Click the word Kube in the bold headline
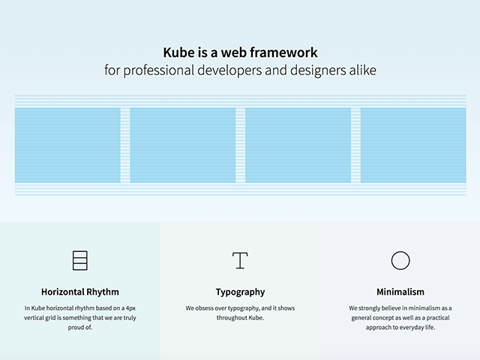pyautogui.click(x=177, y=52)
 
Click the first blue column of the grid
pyautogui.click(x=67, y=145)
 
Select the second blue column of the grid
pyautogui.click(x=183, y=145)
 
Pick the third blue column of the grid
pyautogui.click(x=298, y=145)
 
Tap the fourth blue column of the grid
pyautogui.click(x=413, y=145)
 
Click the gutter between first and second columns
pyautogui.click(x=125, y=145)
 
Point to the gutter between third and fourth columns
pyautogui.click(x=355, y=145)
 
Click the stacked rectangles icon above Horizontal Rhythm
pyautogui.click(x=80, y=260)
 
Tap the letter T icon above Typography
pyautogui.click(x=240, y=260)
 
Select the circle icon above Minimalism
pyautogui.click(x=400, y=260)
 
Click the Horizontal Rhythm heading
pyautogui.click(x=80, y=292)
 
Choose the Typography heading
pyautogui.click(x=240, y=292)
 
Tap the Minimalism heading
pyautogui.click(x=400, y=292)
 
